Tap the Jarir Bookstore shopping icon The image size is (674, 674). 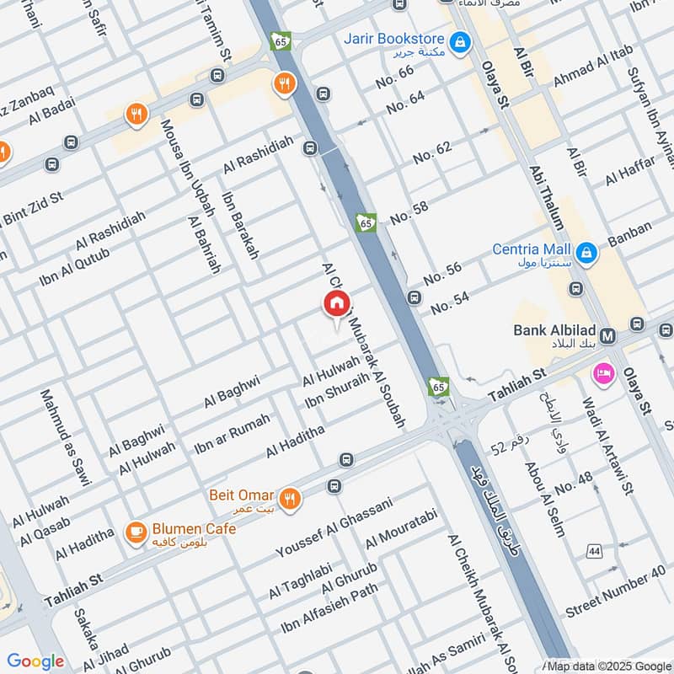click(459, 40)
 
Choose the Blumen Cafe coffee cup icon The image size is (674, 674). click(134, 532)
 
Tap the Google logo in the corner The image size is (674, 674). click(35, 661)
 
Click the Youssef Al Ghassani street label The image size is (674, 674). click(334, 529)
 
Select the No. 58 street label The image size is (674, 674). click(409, 212)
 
